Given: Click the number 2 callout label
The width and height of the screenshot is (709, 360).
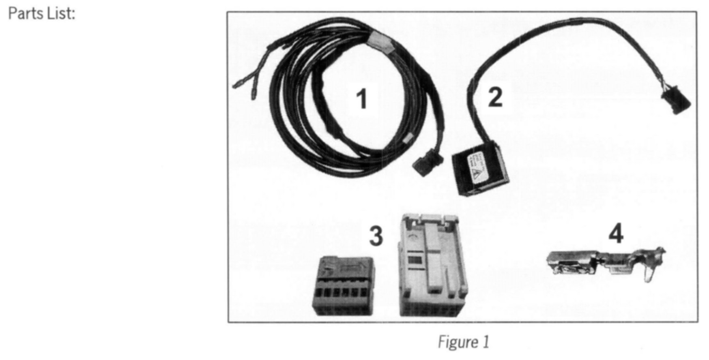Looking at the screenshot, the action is click(x=495, y=98).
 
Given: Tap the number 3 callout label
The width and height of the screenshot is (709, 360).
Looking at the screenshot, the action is click(x=376, y=236).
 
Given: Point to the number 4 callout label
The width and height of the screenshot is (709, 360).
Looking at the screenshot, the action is click(x=616, y=234).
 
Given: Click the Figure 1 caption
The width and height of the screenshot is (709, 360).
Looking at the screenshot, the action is click(x=463, y=342).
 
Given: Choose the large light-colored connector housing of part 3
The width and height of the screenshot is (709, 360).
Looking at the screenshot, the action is click(x=433, y=266).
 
